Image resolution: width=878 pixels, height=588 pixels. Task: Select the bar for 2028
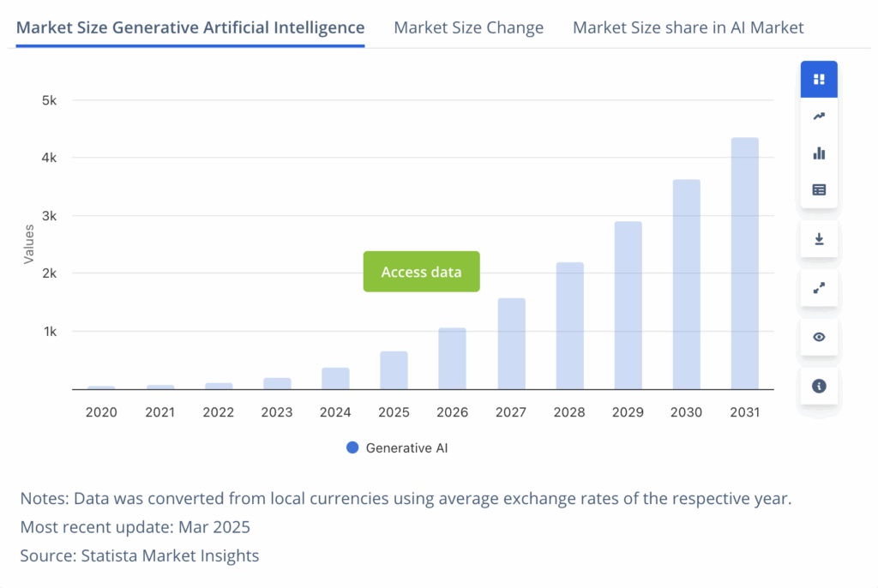pyautogui.click(x=569, y=326)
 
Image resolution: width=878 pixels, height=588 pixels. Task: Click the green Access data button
pyautogui.click(x=421, y=272)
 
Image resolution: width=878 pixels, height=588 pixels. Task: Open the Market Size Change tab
pyautogui.click(x=468, y=27)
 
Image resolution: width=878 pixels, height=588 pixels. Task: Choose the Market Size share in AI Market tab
pyautogui.click(x=688, y=27)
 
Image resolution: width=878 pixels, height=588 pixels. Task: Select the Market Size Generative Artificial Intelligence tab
pyautogui.click(x=190, y=27)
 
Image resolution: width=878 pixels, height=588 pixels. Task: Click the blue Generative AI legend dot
pyautogui.click(x=352, y=447)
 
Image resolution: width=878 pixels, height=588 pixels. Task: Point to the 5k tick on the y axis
pyautogui.click(x=49, y=100)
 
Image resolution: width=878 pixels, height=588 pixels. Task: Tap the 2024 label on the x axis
pyautogui.click(x=335, y=412)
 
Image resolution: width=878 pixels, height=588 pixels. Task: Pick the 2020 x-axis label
pyautogui.click(x=101, y=412)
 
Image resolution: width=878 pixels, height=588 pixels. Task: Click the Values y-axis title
pyautogui.click(x=29, y=243)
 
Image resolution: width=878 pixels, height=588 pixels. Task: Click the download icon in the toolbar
pyautogui.click(x=819, y=239)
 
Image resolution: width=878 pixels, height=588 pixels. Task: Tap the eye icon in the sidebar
pyautogui.click(x=819, y=337)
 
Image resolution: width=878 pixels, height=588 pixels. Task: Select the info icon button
pyautogui.click(x=819, y=386)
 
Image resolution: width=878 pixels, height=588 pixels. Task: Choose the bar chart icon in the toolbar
pyautogui.click(x=819, y=153)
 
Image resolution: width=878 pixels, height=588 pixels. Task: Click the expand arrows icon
pyautogui.click(x=819, y=288)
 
